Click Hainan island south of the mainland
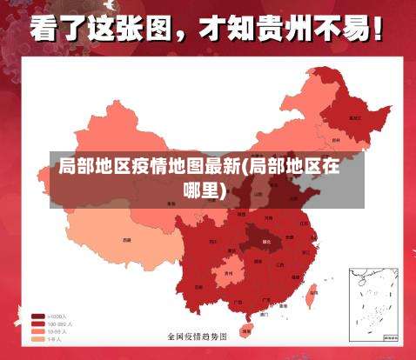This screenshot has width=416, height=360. [x=246, y=330]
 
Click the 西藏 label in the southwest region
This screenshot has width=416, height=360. [x=127, y=239]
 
